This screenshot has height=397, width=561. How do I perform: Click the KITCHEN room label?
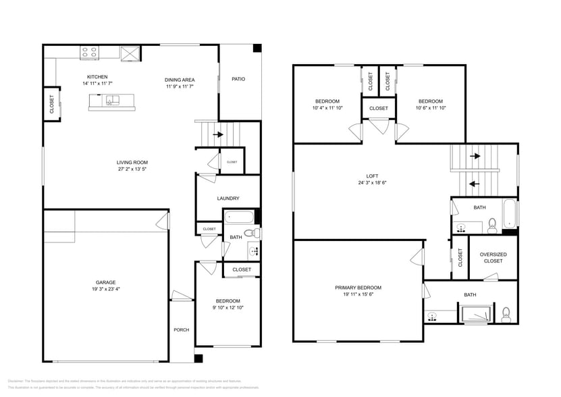(x=97, y=77)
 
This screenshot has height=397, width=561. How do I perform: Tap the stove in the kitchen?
(x=90, y=51)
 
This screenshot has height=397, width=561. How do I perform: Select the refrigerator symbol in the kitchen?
(x=130, y=52)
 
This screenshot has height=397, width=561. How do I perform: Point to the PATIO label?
(x=238, y=79)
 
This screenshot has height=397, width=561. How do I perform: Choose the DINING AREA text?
(x=180, y=80)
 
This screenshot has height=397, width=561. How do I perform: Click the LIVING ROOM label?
(x=132, y=162)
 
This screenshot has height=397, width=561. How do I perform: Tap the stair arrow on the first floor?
(x=217, y=134)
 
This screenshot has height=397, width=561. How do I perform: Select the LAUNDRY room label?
(x=228, y=198)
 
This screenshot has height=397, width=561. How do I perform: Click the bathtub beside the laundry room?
(x=239, y=218)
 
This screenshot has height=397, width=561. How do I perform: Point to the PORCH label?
(x=181, y=329)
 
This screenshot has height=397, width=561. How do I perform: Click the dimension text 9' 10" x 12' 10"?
(x=228, y=307)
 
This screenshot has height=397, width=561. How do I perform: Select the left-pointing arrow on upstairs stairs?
(x=475, y=182)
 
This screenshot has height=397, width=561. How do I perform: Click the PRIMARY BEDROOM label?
(x=358, y=288)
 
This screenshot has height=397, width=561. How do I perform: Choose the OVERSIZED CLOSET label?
(x=493, y=257)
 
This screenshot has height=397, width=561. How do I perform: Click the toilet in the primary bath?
(x=506, y=313)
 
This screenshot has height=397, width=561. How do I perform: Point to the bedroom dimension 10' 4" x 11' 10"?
(x=327, y=108)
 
